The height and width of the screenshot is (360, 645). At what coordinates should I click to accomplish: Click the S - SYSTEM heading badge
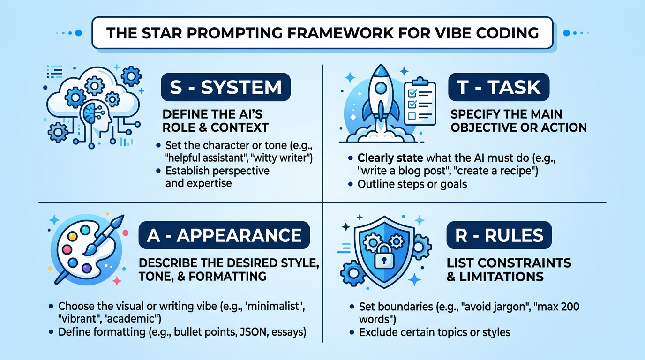(x=225, y=88)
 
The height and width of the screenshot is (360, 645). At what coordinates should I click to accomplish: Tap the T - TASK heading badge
(x=498, y=88)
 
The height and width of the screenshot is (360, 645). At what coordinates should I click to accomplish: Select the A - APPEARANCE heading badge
(x=224, y=235)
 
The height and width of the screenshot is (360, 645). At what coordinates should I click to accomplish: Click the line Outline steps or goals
(x=412, y=184)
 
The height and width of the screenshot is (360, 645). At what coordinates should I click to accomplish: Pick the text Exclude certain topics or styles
(x=435, y=332)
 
